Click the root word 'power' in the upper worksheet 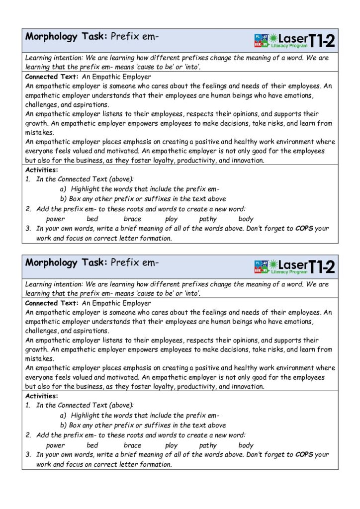[x=55, y=219]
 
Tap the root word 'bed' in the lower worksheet [x=92, y=445]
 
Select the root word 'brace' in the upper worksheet [x=132, y=219]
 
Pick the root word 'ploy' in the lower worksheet [x=171, y=445]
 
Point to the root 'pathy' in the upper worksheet [x=208, y=219]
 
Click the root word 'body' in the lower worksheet [x=246, y=445]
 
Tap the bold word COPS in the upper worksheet [x=304, y=229]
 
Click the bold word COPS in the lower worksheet [x=304, y=455]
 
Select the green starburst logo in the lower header [x=273, y=266]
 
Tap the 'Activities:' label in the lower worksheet [x=41, y=396]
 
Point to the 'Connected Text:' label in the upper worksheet [x=52, y=77]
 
